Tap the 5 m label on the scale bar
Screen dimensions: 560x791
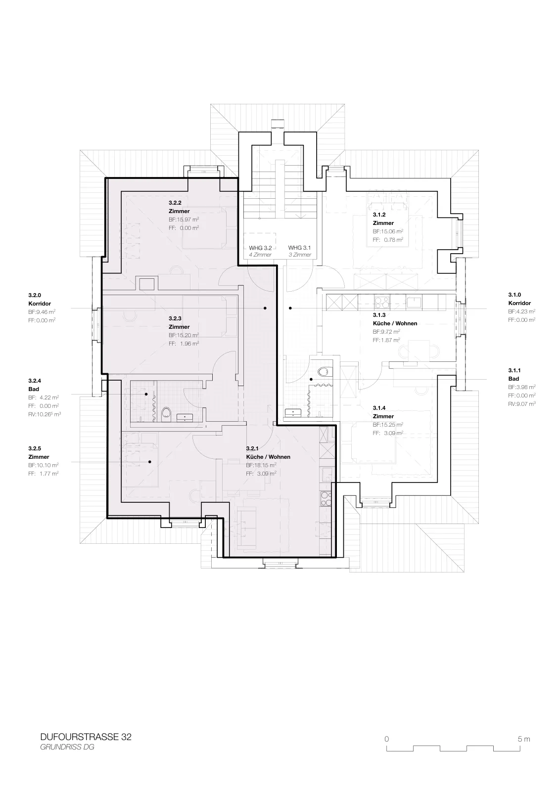click(524, 739)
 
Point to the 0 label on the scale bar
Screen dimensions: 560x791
click(387, 739)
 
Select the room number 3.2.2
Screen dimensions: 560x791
click(175, 203)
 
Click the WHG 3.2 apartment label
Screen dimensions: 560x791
click(260, 248)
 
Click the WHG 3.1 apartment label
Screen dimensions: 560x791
click(299, 248)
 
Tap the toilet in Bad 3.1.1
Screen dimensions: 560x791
click(323, 371)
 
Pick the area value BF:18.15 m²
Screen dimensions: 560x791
click(261, 465)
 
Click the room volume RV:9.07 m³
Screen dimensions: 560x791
click(522, 403)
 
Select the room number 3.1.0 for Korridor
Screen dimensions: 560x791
click(515, 295)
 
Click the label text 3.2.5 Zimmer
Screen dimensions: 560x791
click(39, 453)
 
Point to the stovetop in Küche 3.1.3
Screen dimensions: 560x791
click(381, 302)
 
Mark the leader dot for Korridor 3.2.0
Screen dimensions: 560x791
click(265, 308)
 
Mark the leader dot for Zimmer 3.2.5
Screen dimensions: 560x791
click(150, 462)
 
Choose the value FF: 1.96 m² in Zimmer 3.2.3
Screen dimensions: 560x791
click(184, 343)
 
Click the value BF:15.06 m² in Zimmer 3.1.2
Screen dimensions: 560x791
click(388, 231)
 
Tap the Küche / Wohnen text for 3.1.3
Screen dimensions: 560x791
click(395, 323)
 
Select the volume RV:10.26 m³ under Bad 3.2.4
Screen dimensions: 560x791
click(45, 414)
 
